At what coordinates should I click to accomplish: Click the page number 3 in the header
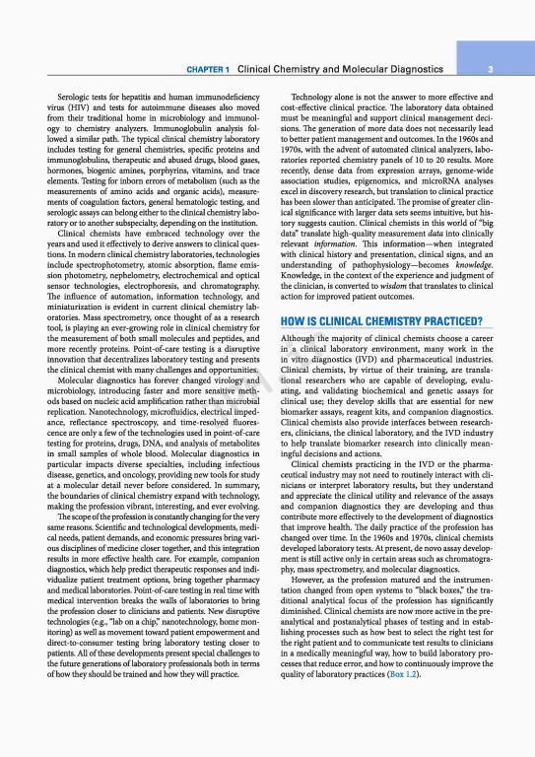pyautogui.click(x=502, y=70)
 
